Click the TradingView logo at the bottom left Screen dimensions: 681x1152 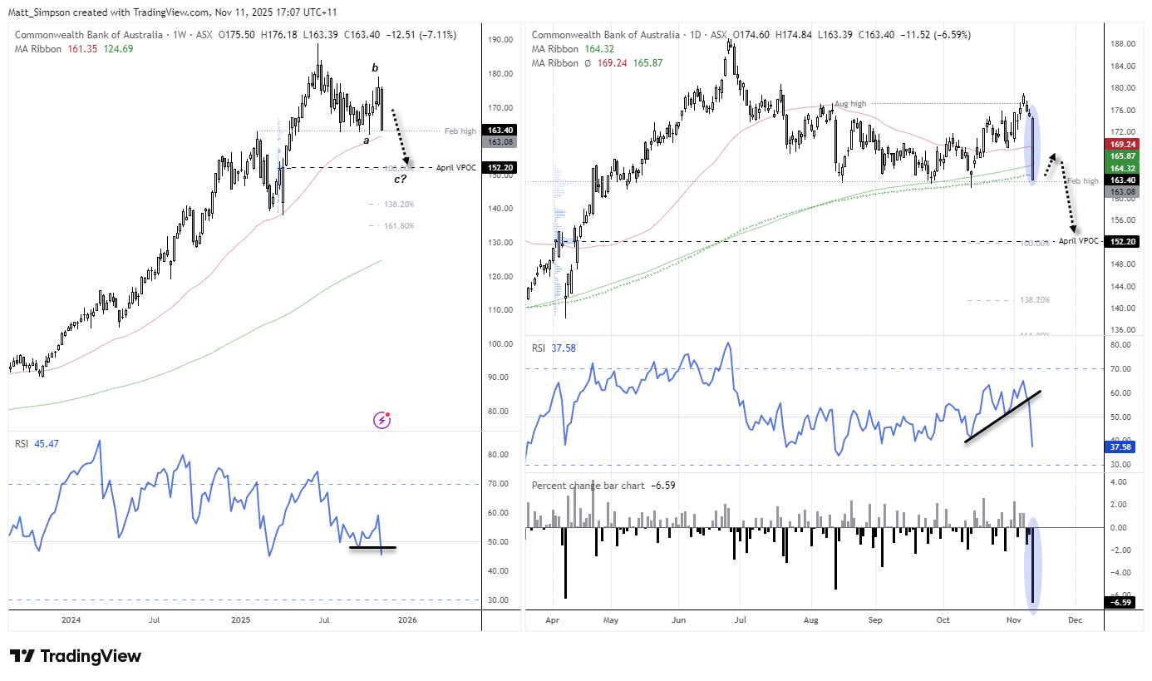tap(75, 656)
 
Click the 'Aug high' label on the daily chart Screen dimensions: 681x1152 tap(850, 104)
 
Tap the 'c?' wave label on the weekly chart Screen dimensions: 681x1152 tap(399, 179)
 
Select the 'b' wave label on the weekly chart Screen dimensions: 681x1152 tap(374, 67)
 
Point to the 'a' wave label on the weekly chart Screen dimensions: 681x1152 tap(365, 141)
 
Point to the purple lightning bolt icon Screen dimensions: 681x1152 tap(382, 421)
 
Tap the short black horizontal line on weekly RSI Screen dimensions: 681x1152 tap(372, 547)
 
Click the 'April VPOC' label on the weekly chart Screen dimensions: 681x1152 tap(456, 168)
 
